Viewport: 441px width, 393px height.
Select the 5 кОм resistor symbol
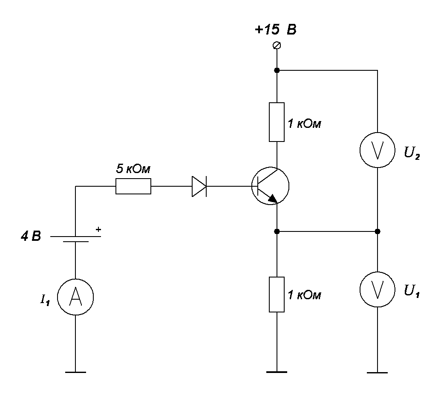(x=133, y=186)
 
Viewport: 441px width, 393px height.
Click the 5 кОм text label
(x=133, y=169)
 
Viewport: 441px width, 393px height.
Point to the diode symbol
(x=199, y=186)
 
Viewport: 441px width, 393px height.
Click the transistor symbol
(x=270, y=186)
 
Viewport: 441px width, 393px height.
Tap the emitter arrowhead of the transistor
(x=271, y=197)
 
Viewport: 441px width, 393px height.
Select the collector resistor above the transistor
(x=277, y=122)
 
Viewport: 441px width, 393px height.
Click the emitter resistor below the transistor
(x=277, y=294)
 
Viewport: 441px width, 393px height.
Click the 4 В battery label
(x=31, y=236)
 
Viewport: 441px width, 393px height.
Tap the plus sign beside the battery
(x=98, y=229)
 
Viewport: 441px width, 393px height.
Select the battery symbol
(x=75, y=238)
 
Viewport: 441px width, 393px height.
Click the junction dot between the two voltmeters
(x=378, y=231)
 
